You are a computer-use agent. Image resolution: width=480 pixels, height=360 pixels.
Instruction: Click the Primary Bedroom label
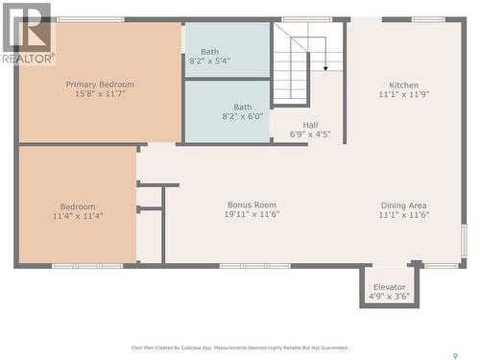pyautogui.click(x=100, y=84)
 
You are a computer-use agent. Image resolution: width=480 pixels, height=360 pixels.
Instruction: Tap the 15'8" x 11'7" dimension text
pyautogui.click(x=100, y=94)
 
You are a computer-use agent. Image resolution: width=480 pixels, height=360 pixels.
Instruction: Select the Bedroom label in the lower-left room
pyautogui.click(x=78, y=206)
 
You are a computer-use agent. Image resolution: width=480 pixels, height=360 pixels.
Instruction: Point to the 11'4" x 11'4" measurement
pyautogui.click(x=78, y=216)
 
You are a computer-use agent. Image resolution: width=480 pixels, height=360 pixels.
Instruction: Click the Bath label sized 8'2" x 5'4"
pyautogui.click(x=209, y=52)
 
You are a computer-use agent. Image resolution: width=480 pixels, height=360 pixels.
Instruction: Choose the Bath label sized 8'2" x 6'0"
pyautogui.click(x=243, y=108)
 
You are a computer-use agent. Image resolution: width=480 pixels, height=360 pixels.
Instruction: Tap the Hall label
pyautogui.click(x=310, y=125)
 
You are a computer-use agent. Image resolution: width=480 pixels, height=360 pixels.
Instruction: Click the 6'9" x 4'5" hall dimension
pyautogui.click(x=310, y=134)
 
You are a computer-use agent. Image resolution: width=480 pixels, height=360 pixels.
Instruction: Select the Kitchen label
pyautogui.click(x=403, y=85)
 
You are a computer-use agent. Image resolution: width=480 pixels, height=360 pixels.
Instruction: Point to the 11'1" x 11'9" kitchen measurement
pyautogui.click(x=403, y=95)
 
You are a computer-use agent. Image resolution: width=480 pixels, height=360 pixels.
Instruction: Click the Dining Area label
pyautogui.click(x=403, y=204)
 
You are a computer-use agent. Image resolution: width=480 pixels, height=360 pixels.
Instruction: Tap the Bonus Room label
pyautogui.click(x=252, y=204)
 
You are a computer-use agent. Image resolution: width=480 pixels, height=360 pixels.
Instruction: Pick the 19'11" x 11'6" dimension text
pyautogui.click(x=252, y=214)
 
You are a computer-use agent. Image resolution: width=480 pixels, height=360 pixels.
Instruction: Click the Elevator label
pyautogui.click(x=390, y=287)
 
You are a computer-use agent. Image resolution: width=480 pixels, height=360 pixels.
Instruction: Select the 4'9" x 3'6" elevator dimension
pyautogui.click(x=390, y=297)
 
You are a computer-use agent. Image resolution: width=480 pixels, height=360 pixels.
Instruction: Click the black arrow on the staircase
pyautogui.click(x=325, y=67)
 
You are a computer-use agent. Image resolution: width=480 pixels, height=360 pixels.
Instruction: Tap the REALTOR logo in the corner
pyautogui.click(x=27, y=34)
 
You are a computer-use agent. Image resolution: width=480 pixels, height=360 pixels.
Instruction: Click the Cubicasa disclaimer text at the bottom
pyautogui.click(x=239, y=348)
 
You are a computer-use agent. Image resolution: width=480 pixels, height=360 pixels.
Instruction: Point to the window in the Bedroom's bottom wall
pyautogui.click(x=87, y=265)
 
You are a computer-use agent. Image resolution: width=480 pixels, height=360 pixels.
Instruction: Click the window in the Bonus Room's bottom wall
pyautogui.click(x=254, y=265)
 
